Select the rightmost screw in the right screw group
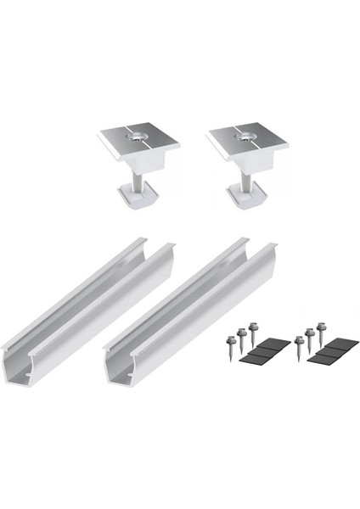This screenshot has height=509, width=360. [323, 327]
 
